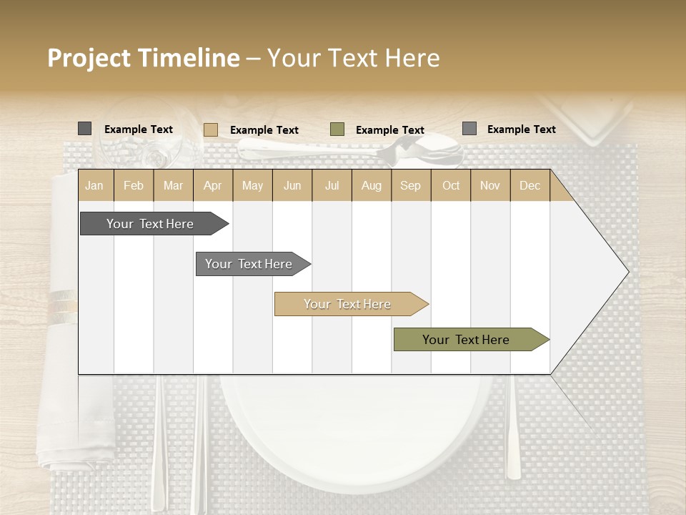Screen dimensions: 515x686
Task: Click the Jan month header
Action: click(94, 185)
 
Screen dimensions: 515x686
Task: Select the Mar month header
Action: click(173, 185)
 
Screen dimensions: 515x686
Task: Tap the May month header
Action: click(252, 185)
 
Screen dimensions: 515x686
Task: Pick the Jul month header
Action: click(332, 185)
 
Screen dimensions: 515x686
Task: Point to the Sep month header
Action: click(410, 185)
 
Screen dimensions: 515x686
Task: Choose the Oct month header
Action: click(451, 185)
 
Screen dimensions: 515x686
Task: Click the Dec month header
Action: click(530, 185)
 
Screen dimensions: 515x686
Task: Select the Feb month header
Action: click(134, 185)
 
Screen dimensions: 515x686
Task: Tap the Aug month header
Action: click(371, 185)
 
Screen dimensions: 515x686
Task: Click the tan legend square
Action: click(210, 129)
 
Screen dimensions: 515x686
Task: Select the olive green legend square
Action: click(337, 129)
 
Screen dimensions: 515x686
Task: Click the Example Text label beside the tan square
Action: click(264, 130)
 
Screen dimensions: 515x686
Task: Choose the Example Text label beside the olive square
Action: click(390, 130)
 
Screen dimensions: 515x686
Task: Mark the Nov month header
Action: click(490, 185)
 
